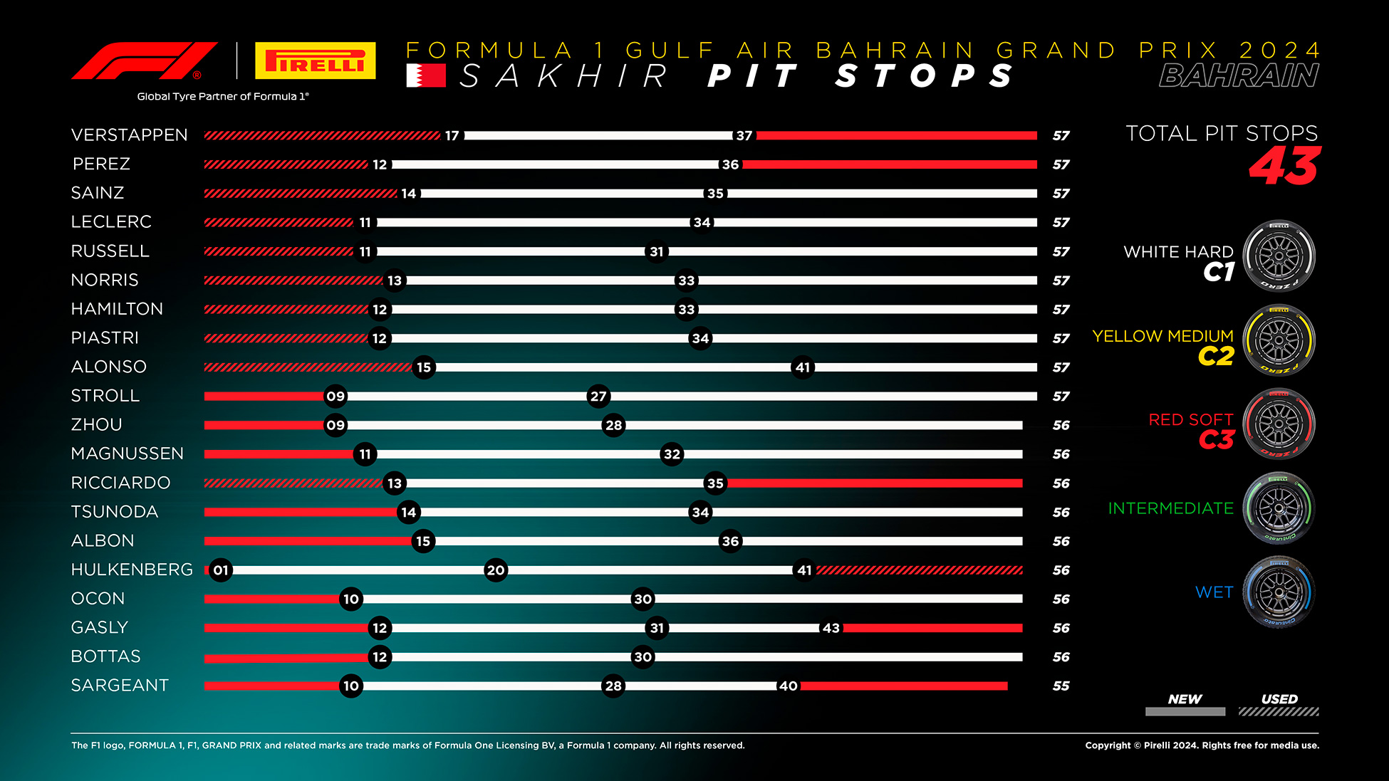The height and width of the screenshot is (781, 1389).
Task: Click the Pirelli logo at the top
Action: coord(315,61)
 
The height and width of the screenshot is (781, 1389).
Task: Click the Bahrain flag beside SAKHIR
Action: coord(426,75)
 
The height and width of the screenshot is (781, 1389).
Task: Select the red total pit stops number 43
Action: coord(1285,166)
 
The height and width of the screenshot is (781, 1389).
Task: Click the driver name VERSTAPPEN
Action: coord(130,135)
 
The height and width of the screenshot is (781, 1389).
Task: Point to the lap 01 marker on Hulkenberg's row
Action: coord(221,570)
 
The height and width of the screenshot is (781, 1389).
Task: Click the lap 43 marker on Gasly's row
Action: coord(831,628)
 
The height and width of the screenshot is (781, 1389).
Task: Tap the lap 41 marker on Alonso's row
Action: coord(803,367)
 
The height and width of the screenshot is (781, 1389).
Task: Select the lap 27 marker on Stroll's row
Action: coord(598,397)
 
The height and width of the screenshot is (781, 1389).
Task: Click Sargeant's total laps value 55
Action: coord(1061,686)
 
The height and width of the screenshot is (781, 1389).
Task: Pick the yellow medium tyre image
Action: coord(1279,340)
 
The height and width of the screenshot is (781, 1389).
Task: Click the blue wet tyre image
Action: coord(1279,592)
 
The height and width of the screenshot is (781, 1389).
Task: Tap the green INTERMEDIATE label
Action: coord(1171,508)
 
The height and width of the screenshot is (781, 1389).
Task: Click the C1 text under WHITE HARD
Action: coord(1219,272)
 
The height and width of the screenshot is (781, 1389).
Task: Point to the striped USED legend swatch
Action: coord(1279,711)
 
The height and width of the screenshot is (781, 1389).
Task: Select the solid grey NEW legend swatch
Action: coord(1185,711)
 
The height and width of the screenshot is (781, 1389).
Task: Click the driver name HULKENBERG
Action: coord(132,570)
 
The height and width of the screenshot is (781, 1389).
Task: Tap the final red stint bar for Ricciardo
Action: coord(875,483)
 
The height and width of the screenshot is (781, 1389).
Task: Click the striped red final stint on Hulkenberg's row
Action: coord(920,570)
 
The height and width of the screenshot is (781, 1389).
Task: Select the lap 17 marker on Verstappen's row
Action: coord(452,135)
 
